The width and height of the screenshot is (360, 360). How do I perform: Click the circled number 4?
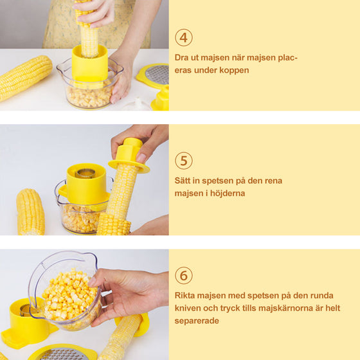coord(184,37)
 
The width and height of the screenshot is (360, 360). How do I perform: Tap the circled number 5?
coord(184,161)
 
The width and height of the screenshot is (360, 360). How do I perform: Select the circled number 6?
coord(184,276)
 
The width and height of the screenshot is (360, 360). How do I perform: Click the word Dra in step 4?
coord(182,58)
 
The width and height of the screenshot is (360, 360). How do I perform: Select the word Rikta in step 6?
coord(186,296)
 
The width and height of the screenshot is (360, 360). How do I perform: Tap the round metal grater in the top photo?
coord(156,74)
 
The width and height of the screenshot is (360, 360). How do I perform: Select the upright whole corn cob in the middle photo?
coord(30,212)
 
